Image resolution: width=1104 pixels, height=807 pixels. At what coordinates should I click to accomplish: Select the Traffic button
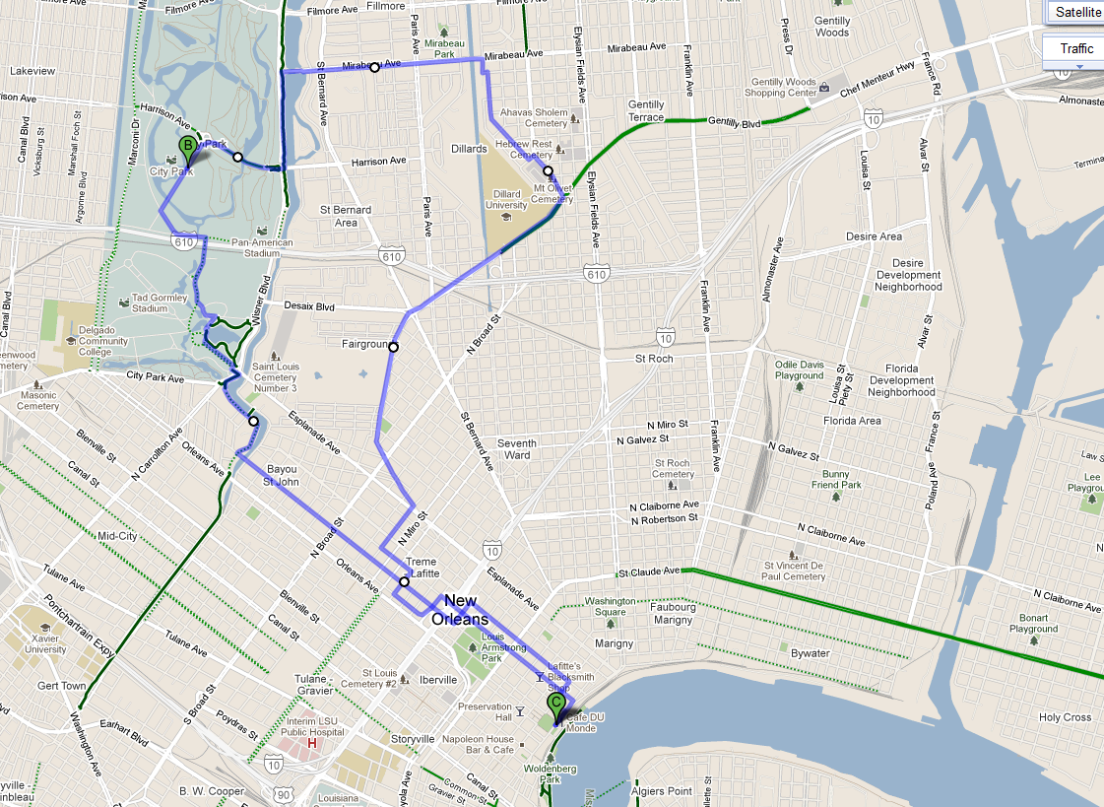[1075, 48]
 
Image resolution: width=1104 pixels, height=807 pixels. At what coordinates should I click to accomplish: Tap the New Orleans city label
[460, 609]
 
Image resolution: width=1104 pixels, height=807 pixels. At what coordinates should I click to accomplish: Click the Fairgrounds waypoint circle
[393, 346]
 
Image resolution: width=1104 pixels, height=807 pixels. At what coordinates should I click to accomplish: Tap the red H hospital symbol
[312, 743]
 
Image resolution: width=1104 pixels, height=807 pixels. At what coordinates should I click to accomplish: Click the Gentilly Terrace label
[646, 110]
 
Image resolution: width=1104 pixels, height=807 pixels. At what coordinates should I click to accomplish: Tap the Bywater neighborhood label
[812, 652]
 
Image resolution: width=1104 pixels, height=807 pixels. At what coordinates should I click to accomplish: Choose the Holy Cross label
[1065, 717]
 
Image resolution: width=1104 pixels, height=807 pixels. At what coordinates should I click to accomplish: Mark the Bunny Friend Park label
[836, 479]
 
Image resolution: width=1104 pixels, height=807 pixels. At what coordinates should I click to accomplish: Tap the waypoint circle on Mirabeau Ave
[374, 68]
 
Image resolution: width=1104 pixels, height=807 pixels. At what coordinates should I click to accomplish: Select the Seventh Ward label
[517, 449]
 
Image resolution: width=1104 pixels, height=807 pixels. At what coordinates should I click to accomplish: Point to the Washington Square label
[610, 606]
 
